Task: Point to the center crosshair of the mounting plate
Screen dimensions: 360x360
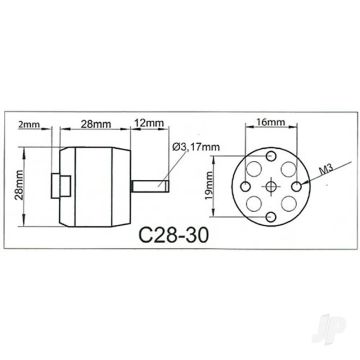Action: click(270, 186)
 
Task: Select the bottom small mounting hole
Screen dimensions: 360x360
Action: click(270, 214)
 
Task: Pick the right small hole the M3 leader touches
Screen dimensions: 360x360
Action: click(298, 186)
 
